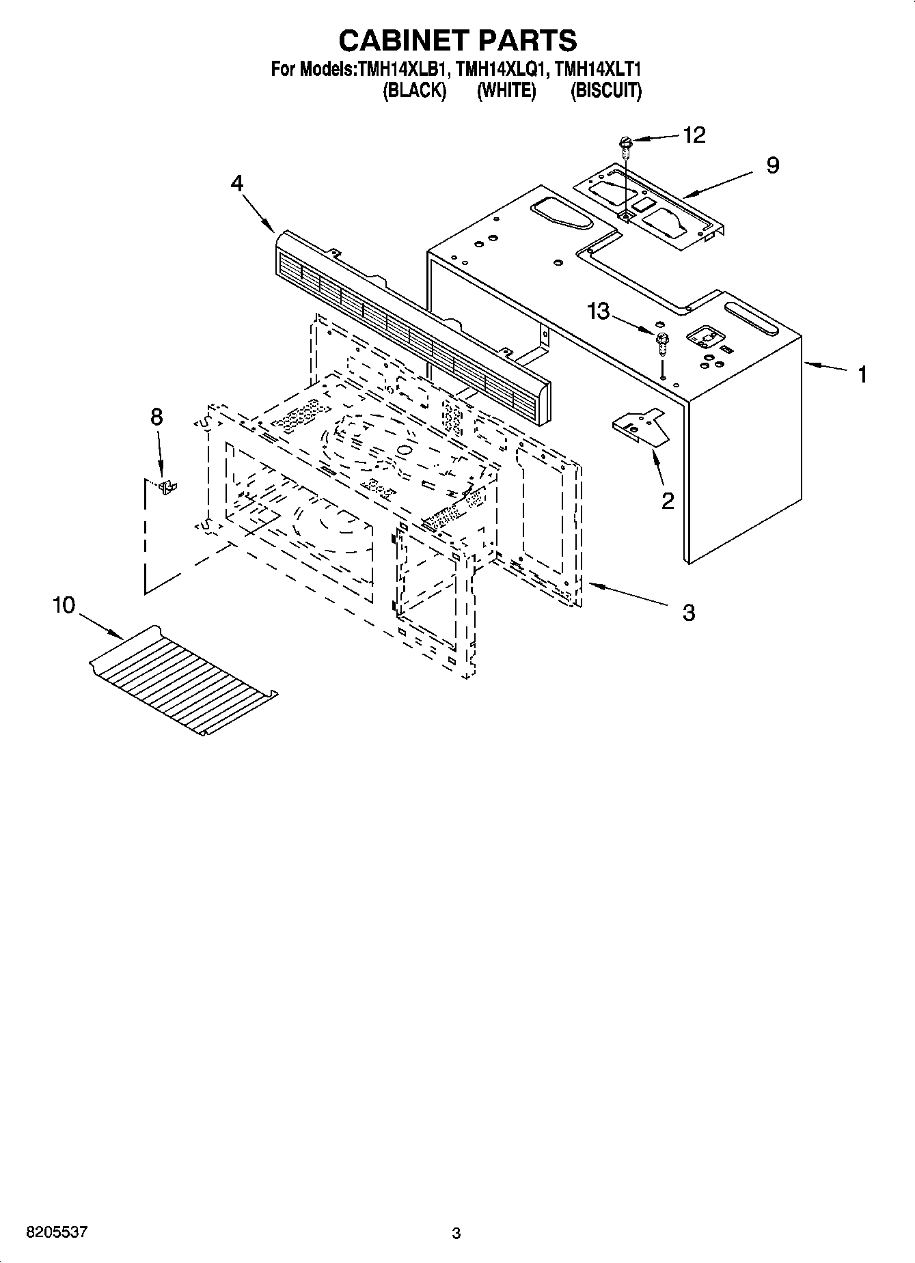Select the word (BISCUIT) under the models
(x=606, y=91)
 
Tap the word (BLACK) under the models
(x=415, y=91)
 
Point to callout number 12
(x=694, y=135)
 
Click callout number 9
(x=772, y=165)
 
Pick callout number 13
(x=598, y=311)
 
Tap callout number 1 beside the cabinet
(x=862, y=374)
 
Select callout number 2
(x=668, y=501)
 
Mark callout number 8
(x=156, y=417)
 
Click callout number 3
(x=688, y=612)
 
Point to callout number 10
(x=64, y=605)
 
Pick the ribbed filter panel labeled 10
(x=183, y=680)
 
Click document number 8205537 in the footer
(x=57, y=1232)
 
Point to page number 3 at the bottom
(x=456, y=1233)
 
